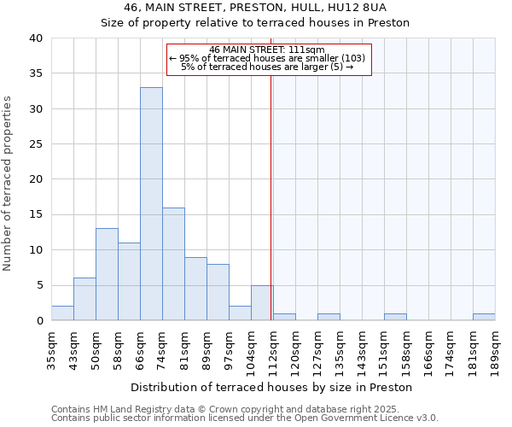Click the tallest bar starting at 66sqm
pos(151,204)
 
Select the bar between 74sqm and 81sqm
pos(173,264)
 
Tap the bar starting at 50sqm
pos(107,274)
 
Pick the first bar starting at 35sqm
pos(62,313)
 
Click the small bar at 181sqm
pos(484,317)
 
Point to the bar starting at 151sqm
pos(395,317)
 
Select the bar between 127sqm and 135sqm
pos(329,317)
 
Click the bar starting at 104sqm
pos(262,303)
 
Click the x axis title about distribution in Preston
pos(272,387)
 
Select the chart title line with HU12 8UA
pos(255,7)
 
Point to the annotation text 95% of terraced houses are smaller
pos(268,58)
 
